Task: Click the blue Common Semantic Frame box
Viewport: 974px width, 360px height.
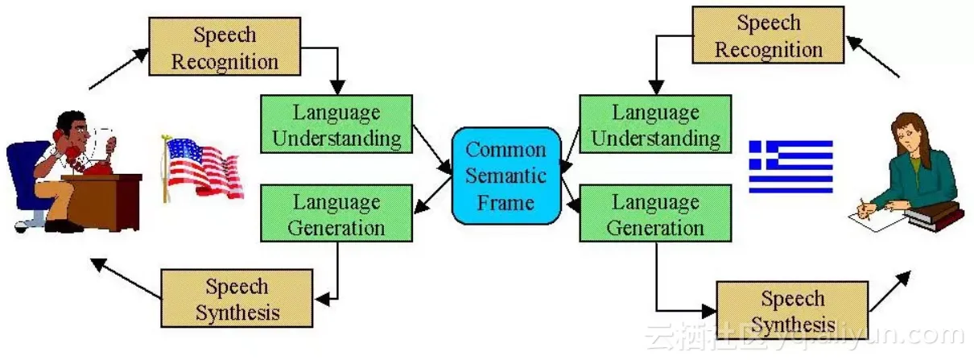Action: coord(506,175)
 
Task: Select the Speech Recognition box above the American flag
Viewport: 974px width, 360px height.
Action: coord(225,48)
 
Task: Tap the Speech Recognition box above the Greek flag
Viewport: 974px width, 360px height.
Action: coord(768,35)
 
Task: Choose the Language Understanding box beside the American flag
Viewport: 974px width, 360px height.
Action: coord(336,124)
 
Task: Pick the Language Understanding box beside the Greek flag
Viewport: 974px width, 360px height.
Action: coord(655,124)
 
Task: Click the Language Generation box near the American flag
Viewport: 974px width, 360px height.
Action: coord(336,213)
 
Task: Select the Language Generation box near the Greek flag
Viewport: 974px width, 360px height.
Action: coord(655,213)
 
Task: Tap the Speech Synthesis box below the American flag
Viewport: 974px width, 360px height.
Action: coord(237,298)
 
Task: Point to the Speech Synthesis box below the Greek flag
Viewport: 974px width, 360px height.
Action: coord(792,310)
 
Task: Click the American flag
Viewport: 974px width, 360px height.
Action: coord(204,167)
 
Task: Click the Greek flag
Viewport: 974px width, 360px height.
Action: coord(790,167)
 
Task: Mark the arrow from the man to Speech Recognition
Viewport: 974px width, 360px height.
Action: coord(118,68)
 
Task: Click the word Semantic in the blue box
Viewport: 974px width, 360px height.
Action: coord(506,175)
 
